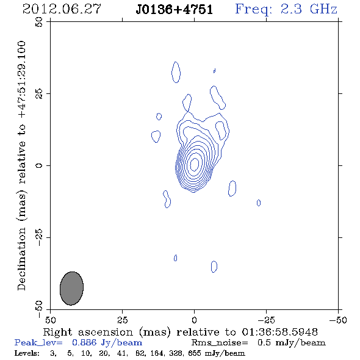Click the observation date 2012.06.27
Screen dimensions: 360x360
click(x=62, y=9)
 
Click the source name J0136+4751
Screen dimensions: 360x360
click(x=175, y=10)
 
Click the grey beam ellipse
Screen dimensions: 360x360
click(x=71, y=289)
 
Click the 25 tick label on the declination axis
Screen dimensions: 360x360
click(x=39, y=94)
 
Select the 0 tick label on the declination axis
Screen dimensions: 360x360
click(x=39, y=165)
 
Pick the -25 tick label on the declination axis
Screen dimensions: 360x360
click(x=39, y=237)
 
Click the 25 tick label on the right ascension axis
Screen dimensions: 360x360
click(x=122, y=320)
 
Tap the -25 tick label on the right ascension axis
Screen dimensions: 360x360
click(x=266, y=320)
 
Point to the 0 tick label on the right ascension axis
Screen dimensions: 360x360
click(x=194, y=320)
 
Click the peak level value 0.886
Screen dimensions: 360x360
click(x=84, y=342)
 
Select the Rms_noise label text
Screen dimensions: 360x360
click(x=220, y=343)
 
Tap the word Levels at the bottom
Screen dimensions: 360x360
click(x=27, y=353)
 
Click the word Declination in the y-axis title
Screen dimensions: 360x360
click(x=21, y=259)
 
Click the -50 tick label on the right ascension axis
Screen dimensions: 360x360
click(x=338, y=320)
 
